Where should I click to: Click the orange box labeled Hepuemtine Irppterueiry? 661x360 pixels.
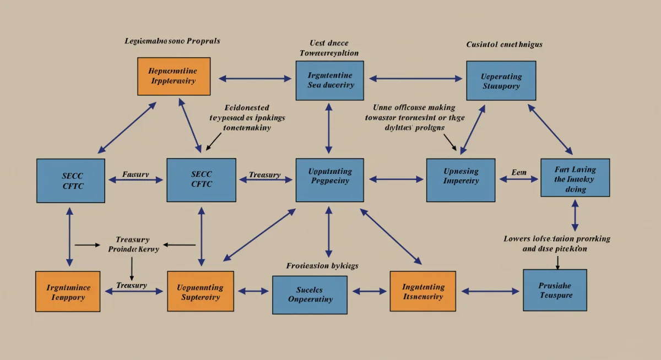[x=174, y=76]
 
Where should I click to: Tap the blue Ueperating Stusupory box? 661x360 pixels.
[x=501, y=81]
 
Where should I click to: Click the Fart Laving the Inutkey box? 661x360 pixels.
[x=575, y=178]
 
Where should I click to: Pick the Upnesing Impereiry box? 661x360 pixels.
[x=461, y=180]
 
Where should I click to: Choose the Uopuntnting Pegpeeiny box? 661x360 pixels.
[x=330, y=180]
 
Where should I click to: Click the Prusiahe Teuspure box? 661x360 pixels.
[x=555, y=290]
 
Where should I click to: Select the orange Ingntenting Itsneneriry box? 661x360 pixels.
[x=422, y=292]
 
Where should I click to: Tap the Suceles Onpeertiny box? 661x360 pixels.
[x=310, y=294]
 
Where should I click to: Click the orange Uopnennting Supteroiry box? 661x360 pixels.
[x=200, y=292]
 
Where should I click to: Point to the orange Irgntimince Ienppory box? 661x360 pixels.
[x=68, y=292]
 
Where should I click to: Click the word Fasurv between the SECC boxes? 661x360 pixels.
[x=136, y=174]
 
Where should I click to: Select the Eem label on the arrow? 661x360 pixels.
[x=519, y=173]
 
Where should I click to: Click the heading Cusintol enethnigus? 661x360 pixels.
[x=504, y=44]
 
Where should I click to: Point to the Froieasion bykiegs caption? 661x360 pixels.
[x=322, y=266]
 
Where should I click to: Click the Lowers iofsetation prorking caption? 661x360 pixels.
[x=557, y=244]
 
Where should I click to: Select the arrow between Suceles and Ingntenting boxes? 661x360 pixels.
[x=369, y=291]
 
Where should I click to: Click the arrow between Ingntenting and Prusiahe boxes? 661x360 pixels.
[x=490, y=291]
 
